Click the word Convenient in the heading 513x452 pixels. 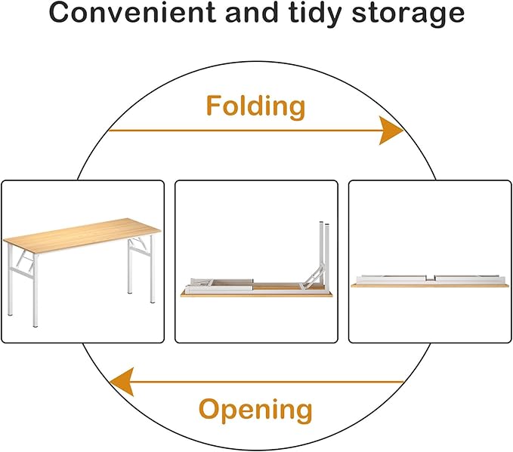click(x=132, y=12)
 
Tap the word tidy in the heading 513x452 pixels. click(x=315, y=14)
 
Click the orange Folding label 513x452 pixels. click(x=256, y=107)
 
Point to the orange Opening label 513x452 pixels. click(x=255, y=410)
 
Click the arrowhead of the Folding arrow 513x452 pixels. click(x=391, y=130)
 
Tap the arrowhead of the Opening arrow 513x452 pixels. click(x=122, y=382)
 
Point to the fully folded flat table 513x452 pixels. click(x=430, y=281)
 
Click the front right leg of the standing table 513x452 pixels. click(x=151, y=269)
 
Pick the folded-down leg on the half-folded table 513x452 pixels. click(x=220, y=284)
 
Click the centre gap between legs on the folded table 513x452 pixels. click(x=431, y=278)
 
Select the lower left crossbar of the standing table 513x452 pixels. click(x=22, y=273)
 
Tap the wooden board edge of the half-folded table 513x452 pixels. click(x=257, y=294)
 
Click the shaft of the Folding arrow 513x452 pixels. click(x=244, y=131)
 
